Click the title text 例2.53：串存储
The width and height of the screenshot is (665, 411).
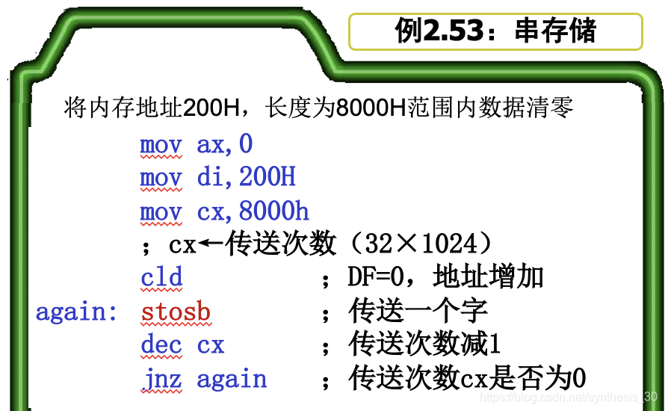pos(495,31)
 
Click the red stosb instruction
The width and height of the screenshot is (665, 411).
pos(176,312)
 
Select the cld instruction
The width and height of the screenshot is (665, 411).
pos(161,277)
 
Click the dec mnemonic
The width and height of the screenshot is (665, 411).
pos(161,345)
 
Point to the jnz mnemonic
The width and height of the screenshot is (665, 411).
pos(161,380)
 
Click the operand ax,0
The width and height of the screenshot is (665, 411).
pos(225,144)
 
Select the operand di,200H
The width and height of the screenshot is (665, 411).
pos(246,178)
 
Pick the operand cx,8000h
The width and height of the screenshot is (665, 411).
pos(253,212)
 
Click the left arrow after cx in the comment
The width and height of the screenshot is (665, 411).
pos(211,244)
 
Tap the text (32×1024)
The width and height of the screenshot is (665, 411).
pos(422,244)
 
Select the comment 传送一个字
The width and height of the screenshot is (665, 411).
pos(418,311)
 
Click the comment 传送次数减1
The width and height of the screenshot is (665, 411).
pos(424,345)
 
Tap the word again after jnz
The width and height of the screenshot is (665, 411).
pos(232,380)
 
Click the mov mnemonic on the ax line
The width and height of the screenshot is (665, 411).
pos(161,144)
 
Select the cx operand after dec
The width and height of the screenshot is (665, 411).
pos(211,346)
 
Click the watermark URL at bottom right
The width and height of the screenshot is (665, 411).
pos(567,398)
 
